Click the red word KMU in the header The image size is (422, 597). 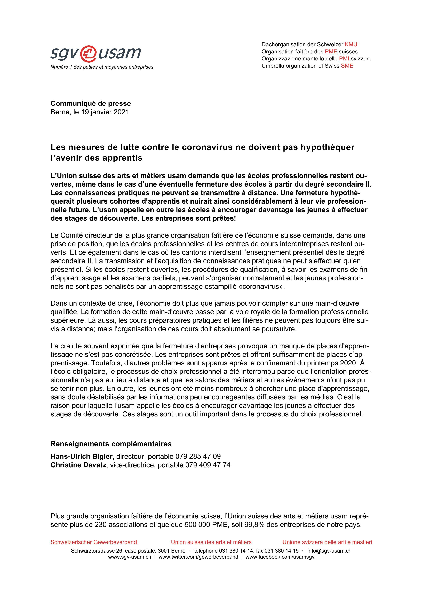(x=351, y=44)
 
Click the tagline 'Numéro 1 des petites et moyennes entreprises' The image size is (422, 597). (x=102, y=67)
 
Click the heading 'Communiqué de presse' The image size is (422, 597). (x=91, y=103)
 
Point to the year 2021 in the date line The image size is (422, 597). (x=121, y=112)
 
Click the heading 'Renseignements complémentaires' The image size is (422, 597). (x=111, y=444)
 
